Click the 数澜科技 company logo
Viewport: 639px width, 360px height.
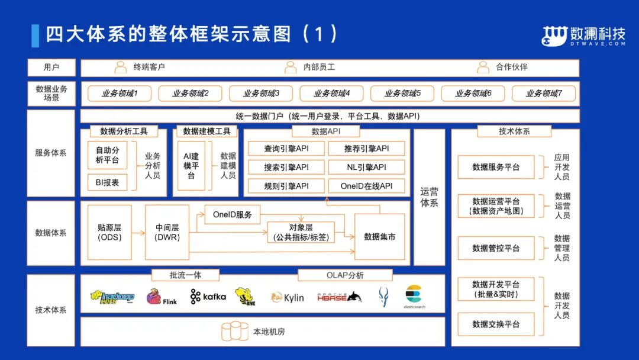(583, 36)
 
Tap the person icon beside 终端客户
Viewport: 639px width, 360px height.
(121, 67)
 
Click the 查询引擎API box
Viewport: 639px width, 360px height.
(286, 149)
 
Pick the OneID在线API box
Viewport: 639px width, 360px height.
(366, 186)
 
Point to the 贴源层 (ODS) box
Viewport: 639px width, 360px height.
(109, 232)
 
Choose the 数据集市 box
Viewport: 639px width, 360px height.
(379, 236)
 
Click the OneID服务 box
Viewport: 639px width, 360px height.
(232, 214)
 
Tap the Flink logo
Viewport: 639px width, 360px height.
(161, 297)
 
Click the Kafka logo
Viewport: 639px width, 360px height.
(208, 297)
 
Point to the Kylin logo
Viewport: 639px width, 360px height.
(287, 297)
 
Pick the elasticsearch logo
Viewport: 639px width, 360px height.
(414, 297)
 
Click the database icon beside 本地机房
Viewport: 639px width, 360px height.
(235, 332)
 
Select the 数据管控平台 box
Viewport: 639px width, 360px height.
(496, 248)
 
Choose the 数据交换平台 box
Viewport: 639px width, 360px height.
(496, 324)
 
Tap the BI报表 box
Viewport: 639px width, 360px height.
(107, 182)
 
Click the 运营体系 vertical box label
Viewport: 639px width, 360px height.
(429, 197)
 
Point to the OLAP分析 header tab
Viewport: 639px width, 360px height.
(345, 275)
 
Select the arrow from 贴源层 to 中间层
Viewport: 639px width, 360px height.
(138, 232)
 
